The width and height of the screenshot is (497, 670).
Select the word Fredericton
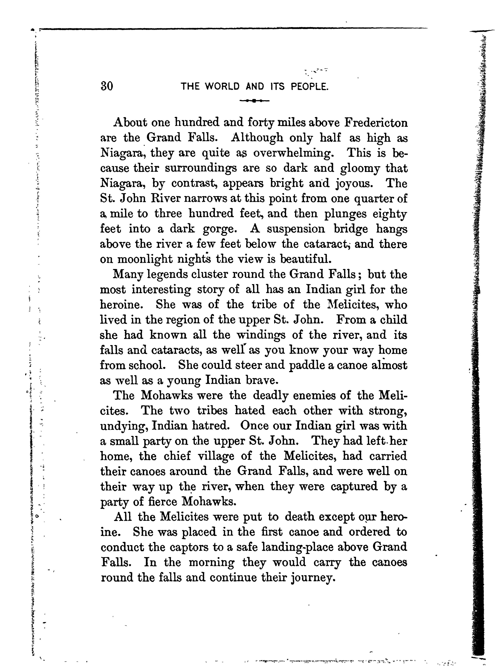point(376,123)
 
